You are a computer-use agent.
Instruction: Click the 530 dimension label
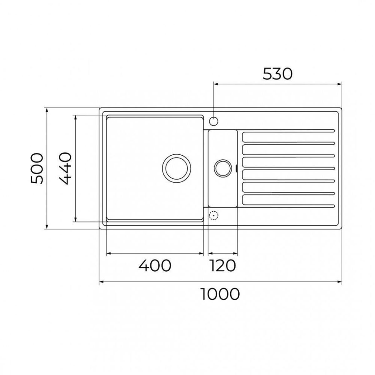[x=277, y=74]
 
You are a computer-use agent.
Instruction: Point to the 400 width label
[x=155, y=266]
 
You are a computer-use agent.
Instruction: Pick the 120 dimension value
[x=222, y=266]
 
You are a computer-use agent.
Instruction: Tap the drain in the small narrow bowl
[x=222, y=168]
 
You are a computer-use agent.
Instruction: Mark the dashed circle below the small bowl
[x=213, y=216]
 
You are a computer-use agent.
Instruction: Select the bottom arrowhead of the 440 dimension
[x=75, y=220]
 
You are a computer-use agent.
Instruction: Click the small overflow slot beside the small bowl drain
[x=235, y=168]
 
